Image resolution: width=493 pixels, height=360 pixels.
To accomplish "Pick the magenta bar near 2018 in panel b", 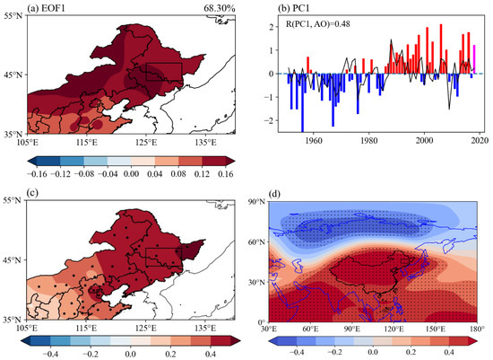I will point(472,59).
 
